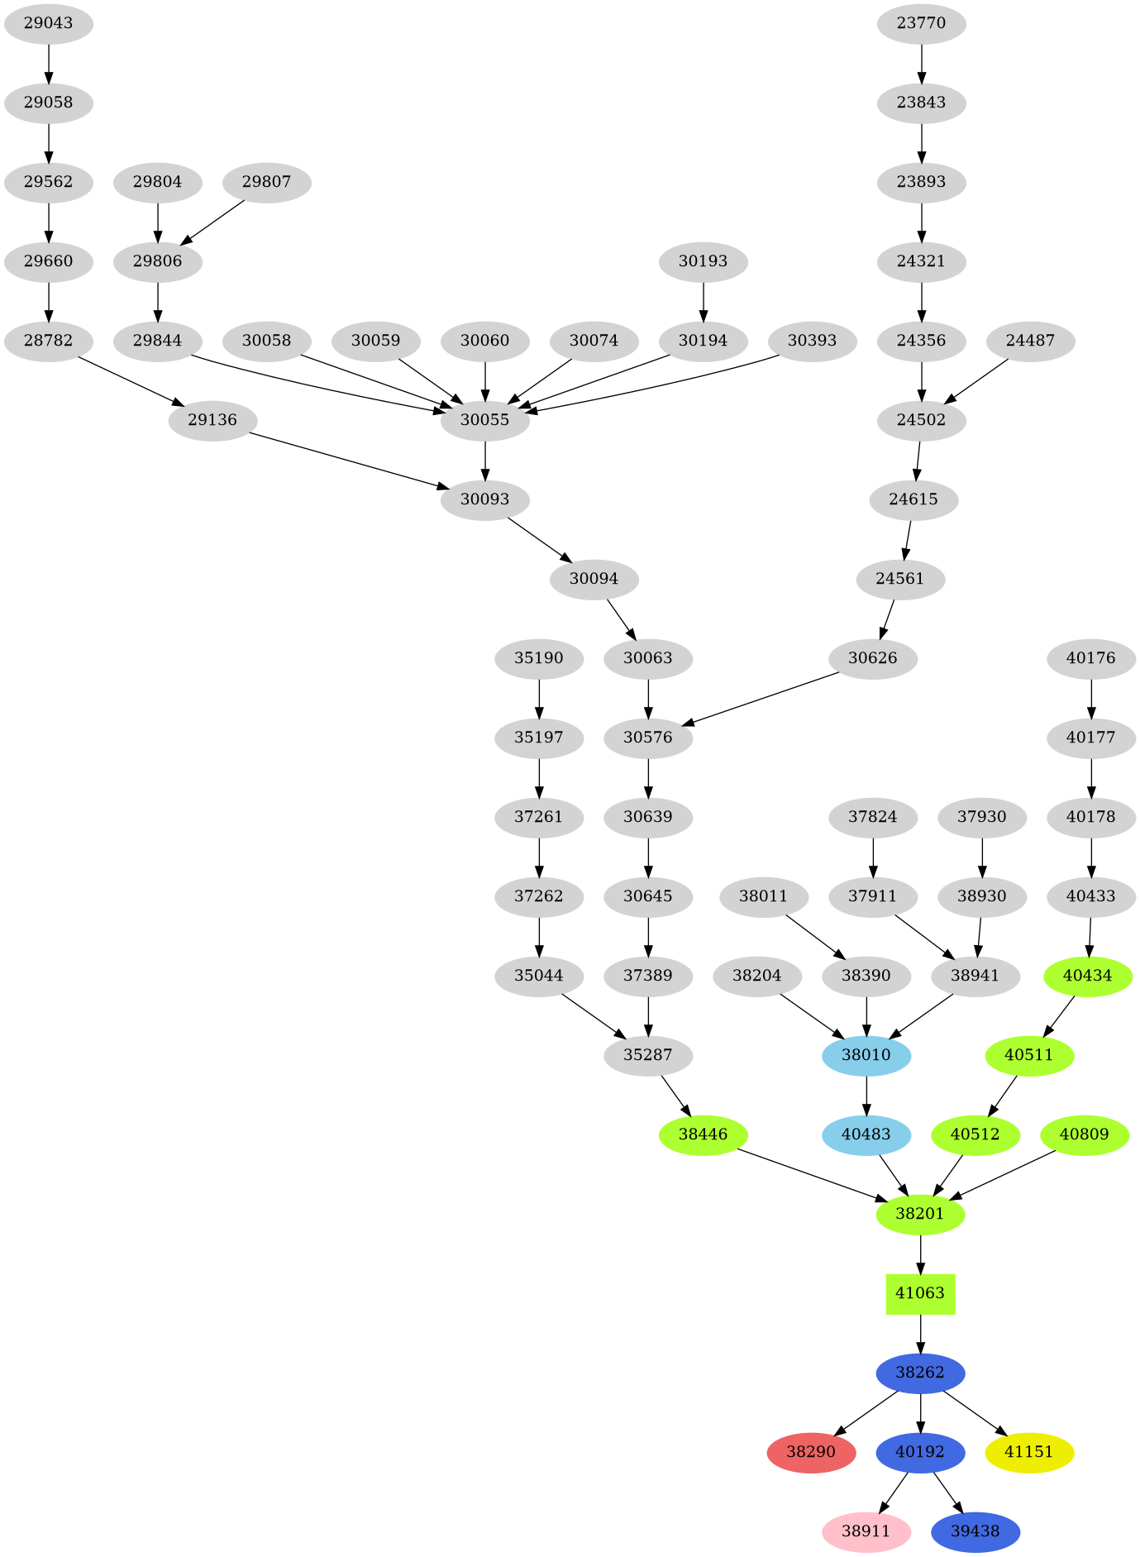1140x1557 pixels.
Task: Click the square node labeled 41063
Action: pyautogui.click(x=920, y=1293)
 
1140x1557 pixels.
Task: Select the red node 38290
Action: pyautogui.click(x=811, y=1452)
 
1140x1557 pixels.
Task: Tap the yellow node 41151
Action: pyautogui.click(x=1029, y=1452)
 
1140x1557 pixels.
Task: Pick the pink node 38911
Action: pyautogui.click(x=866, y=1531)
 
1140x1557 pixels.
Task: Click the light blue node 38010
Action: pyautogui.click(x=866, y=1055)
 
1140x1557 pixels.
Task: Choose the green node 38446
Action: pyautogui.click(x=703, y=1134)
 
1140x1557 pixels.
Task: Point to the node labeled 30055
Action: pyautogui.click(x=484, y=420)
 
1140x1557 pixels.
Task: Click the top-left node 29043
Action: pyautogui.click(x=48, y=23)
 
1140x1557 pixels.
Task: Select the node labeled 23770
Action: pyautogui.click(x=921, y=23)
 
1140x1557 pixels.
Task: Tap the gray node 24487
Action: pyautogui.click(x=1030, y=341)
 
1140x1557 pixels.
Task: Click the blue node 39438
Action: pyautogui.click(x=975, y=1531)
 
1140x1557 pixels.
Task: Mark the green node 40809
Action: pyautogui.click(x=1084, y=1134)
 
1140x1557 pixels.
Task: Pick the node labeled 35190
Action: pyautogui.click(x=539, y=658)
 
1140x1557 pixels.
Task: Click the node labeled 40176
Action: pyautogui.click(x=1090, y=658)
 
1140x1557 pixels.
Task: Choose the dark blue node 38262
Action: pyautogui.click(x=920, y=1373)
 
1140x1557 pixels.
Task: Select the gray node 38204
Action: pyautogui.click(x=756, y=976)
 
